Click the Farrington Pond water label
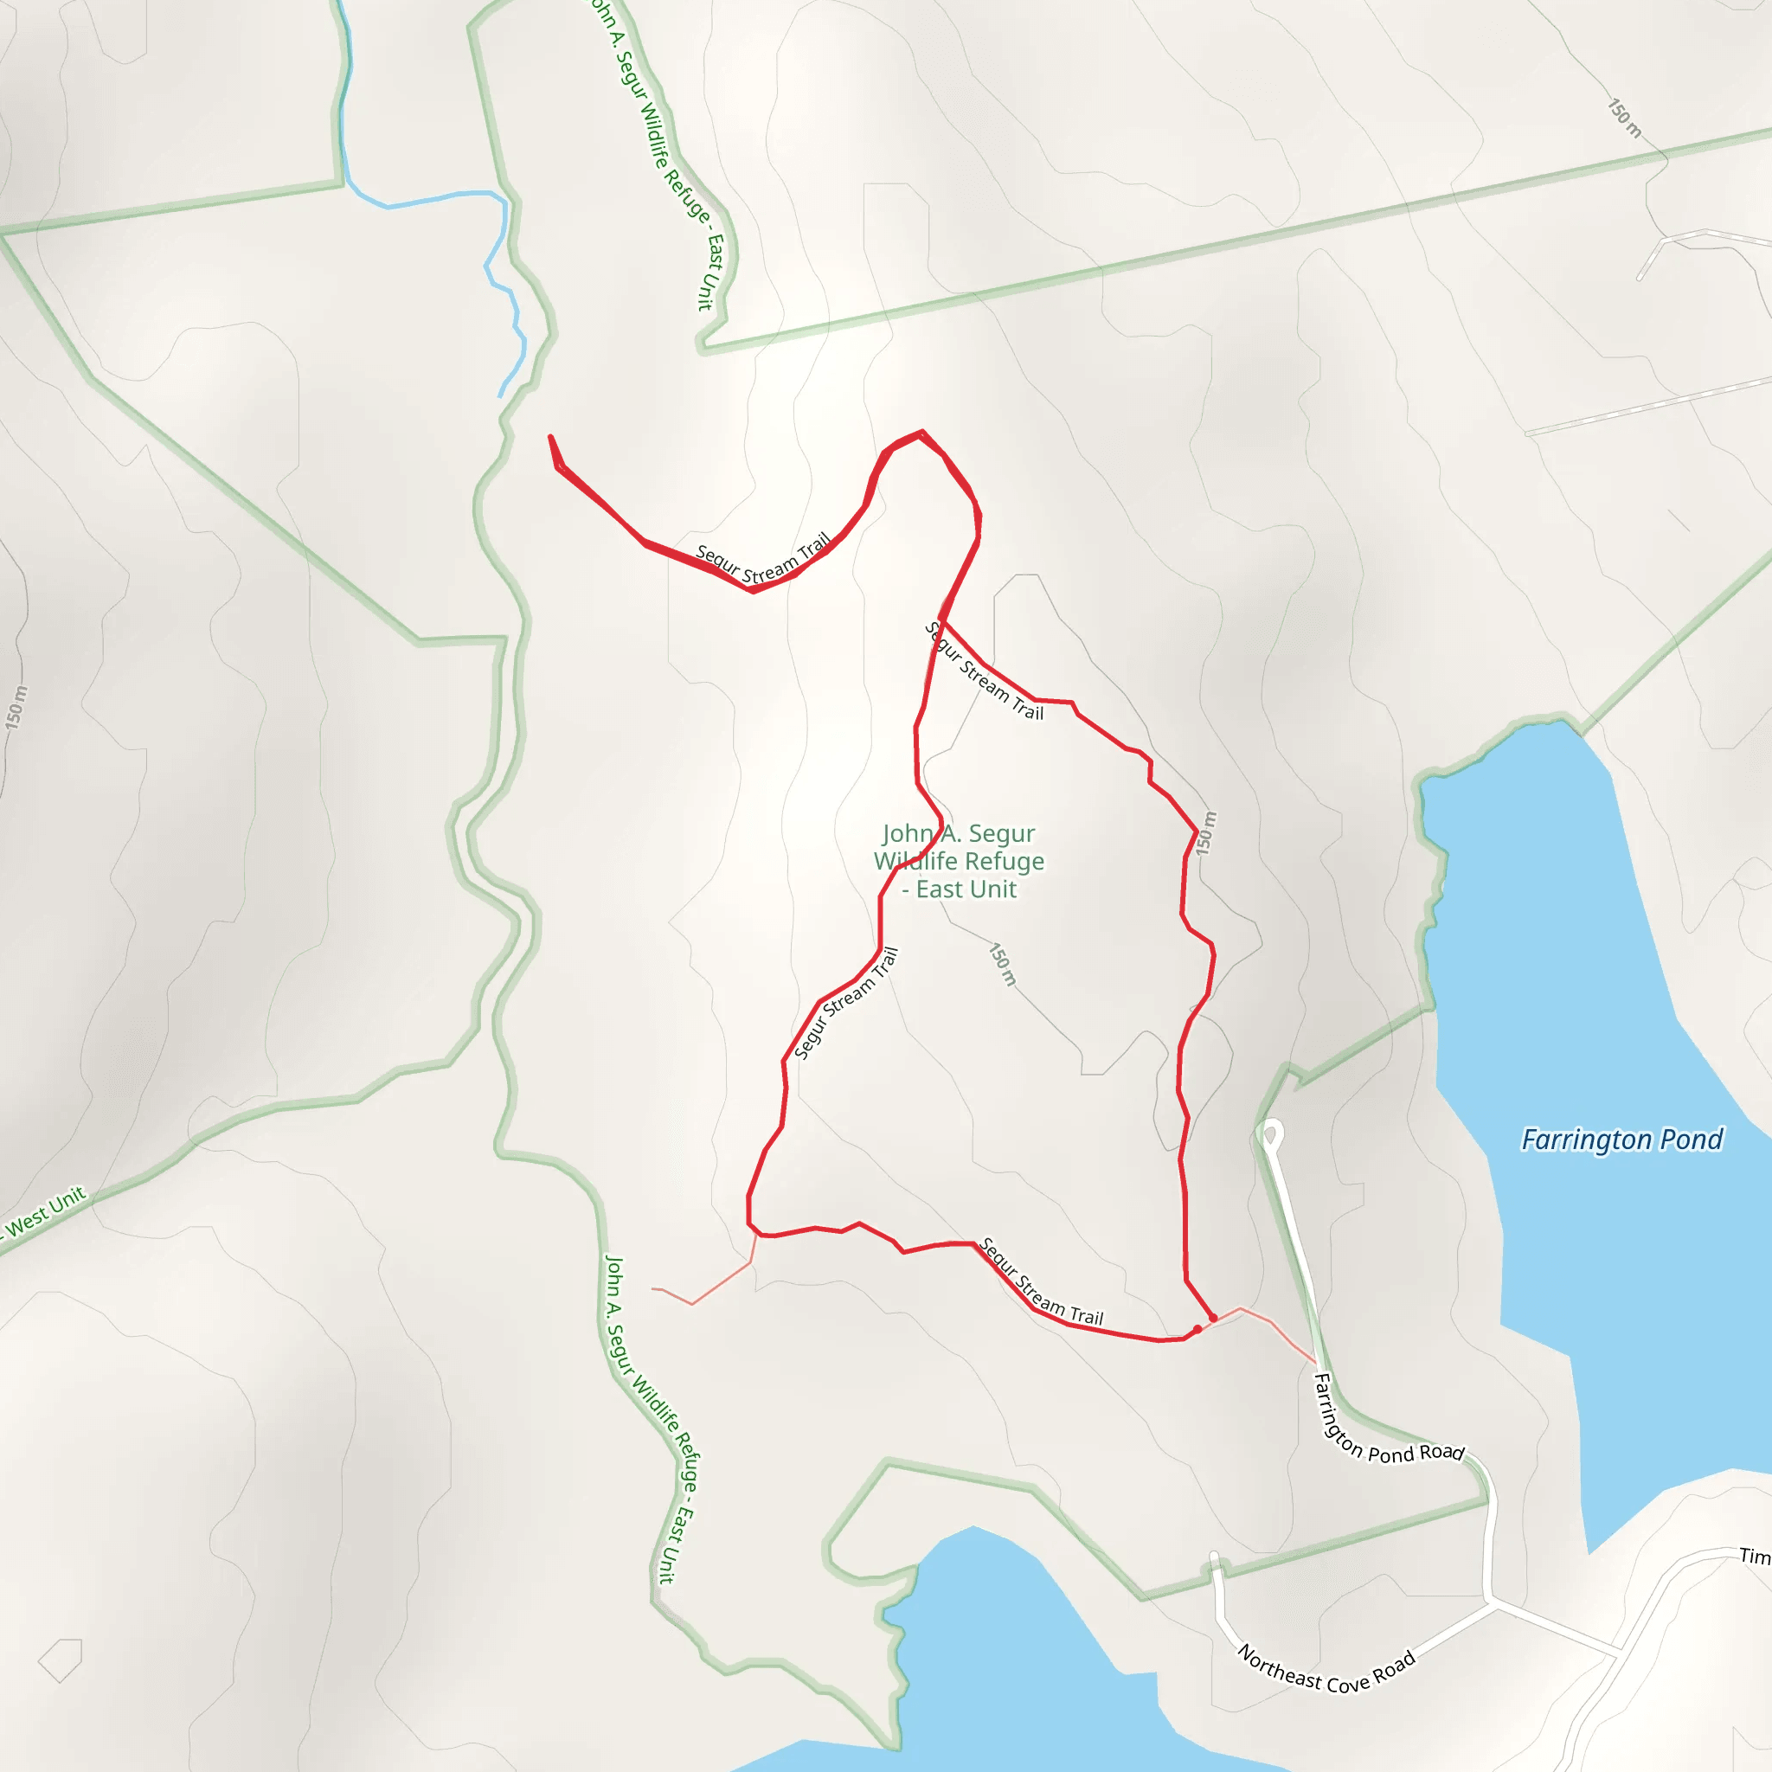tap(1621, 1140)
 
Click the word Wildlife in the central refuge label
tap(959, 861)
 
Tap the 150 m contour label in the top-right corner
tap(1624, 119)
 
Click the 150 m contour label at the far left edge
tap(16, 708)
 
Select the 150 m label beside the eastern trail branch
tap(1207, 833)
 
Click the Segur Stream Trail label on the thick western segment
tap(763, 559)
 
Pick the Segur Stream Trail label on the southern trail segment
tap(1041, 1281)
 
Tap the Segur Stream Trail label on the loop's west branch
tap(845, 1004)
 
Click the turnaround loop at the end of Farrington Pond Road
tap(1270, 1136)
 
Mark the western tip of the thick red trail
tap(550, 438)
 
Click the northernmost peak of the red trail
tap(921, 431)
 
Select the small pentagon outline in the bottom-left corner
tap(61, 1660)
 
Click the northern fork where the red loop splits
tap(944, 622)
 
